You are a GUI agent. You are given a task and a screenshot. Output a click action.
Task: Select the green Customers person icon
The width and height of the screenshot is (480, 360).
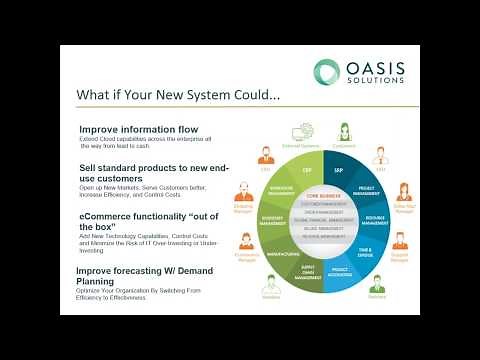(344, 130)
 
